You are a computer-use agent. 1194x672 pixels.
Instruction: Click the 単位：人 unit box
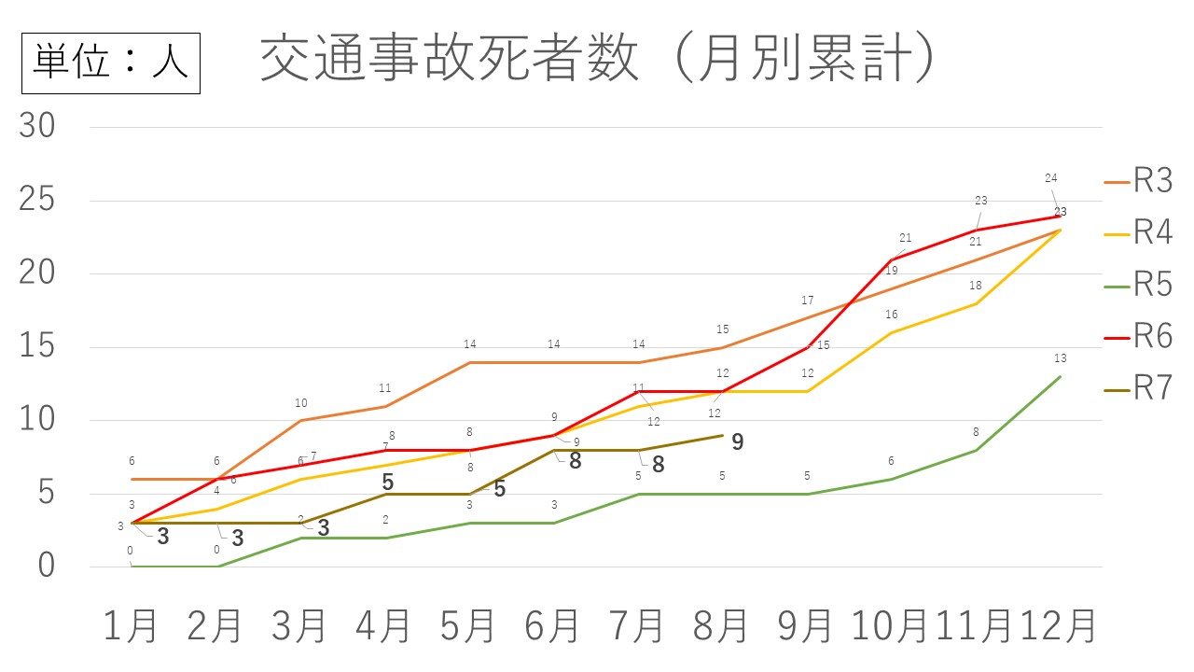pyautogui.click(x=111, y=62)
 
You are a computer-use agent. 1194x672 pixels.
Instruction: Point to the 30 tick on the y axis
pyautogui.click(x=38, y=128)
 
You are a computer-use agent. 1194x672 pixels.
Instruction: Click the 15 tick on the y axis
pyautogui.click(x=38, y=347)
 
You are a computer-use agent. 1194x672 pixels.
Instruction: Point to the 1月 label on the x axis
pyautogui.click(x=132, y=625)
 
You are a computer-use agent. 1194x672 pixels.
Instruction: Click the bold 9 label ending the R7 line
pyautogui.click(x=737, y=442)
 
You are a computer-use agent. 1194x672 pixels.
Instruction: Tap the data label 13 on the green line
pyautogui.click(x=1060, y=358)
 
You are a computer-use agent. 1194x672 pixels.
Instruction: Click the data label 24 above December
pyautogui.click(x=1051, y=178)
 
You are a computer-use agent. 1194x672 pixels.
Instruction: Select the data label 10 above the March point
pyautogui.click(x=301, y=403)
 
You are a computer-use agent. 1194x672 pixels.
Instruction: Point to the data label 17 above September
pyautogui.click(x=808, y=301)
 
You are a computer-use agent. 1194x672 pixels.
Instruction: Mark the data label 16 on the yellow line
pyautogui.click(x=892, y=315)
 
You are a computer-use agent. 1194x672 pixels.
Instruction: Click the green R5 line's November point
pyautogui.click(x=976, y=450)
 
